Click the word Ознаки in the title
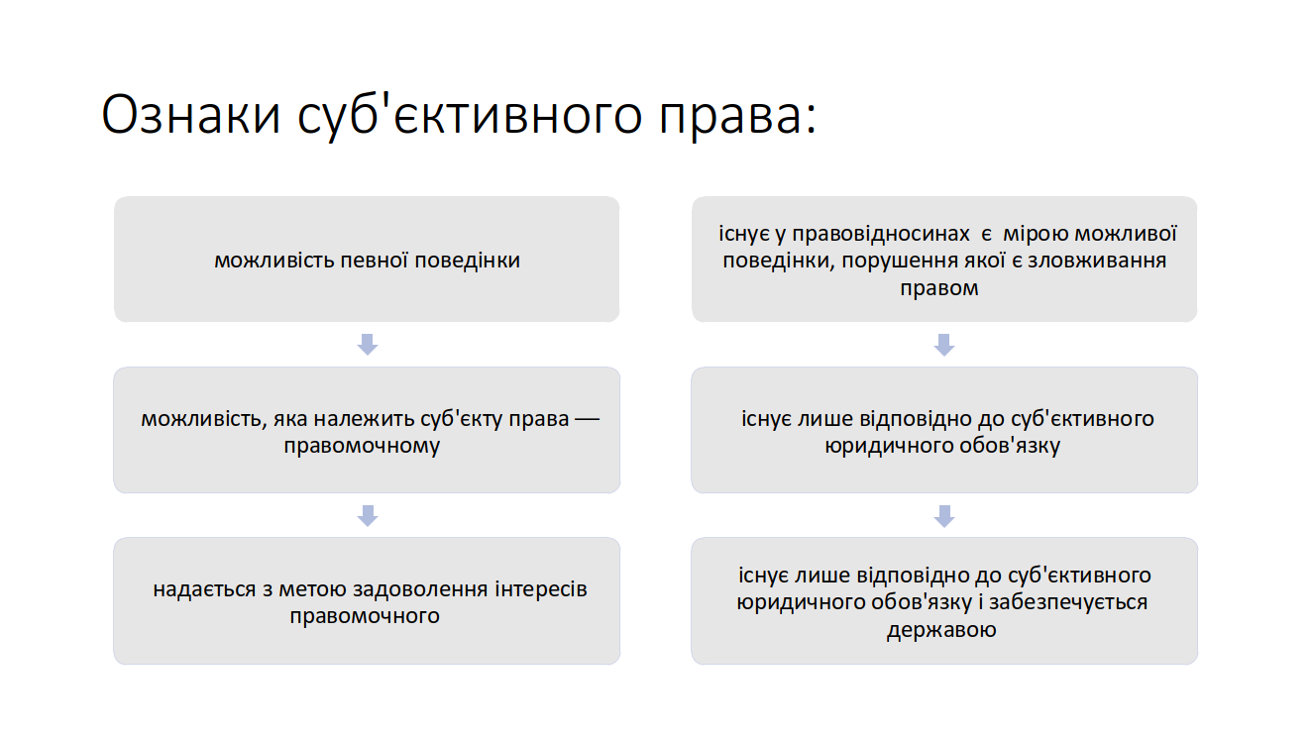pos(191,114)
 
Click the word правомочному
pos(362,446)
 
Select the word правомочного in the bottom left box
pos(365,616)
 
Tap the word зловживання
pos(1097,261)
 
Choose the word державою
pos(941,630)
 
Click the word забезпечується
pos(1068,602)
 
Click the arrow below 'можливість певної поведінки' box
pos(368,345)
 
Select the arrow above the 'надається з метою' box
pos(368,515)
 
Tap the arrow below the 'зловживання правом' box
pos(943,345)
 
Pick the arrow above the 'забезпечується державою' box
pos(943,515)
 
